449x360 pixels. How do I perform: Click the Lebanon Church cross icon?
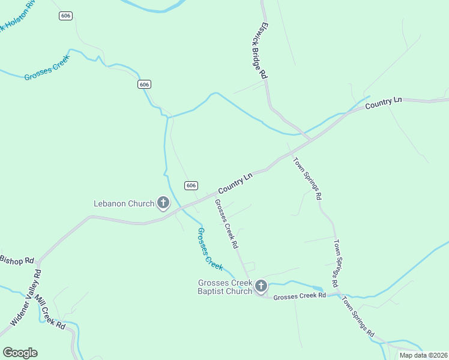(163, 203)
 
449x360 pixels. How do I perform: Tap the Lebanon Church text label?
(124, 203)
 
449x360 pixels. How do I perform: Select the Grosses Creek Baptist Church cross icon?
(261, 286)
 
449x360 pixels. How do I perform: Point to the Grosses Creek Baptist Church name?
(225, 287)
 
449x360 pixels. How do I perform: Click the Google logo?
(20, 353)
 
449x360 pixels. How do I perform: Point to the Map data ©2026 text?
(424, 355)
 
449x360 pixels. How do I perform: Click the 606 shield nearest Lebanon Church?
(191, 185)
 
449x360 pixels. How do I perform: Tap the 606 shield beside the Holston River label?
(66, 16)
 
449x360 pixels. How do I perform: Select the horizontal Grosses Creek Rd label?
(299, 296)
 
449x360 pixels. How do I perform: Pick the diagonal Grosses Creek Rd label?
(227, 224)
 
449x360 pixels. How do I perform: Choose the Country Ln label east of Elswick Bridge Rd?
(383, 103)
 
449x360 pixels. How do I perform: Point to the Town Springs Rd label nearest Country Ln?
(307, 178)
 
